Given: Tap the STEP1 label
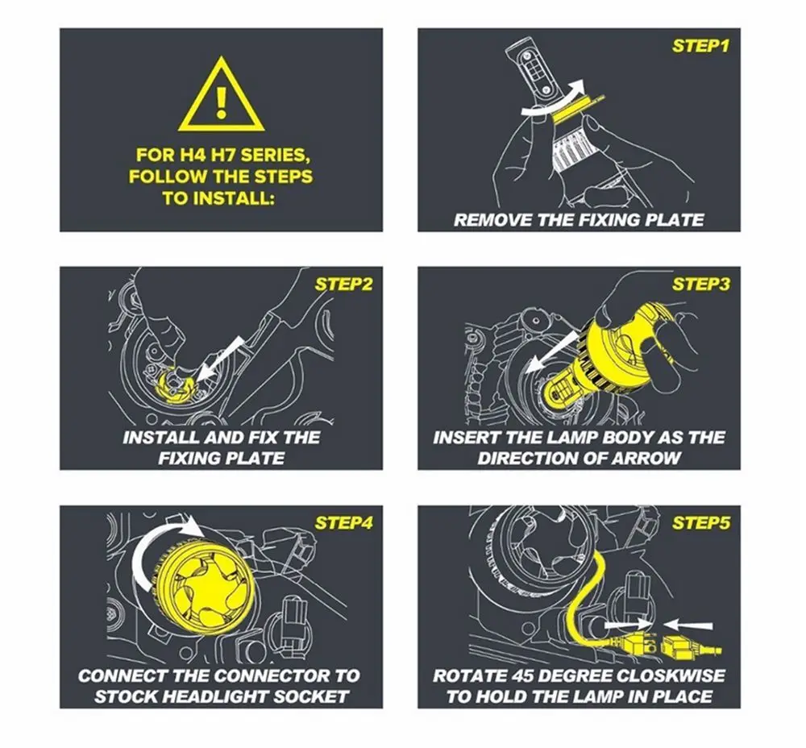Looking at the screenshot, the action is (x=700, y=46).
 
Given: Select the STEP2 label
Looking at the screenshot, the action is (x=343, y=285).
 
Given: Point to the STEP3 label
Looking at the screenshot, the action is (x=700, y=285).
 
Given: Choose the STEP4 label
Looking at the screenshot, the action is (x=343, y=523).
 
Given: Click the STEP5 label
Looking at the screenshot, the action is (x=700, y=523).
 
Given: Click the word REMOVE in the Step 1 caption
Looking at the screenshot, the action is (x=493, y=220).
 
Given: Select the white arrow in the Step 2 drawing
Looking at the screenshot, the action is (x=220, y=358).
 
